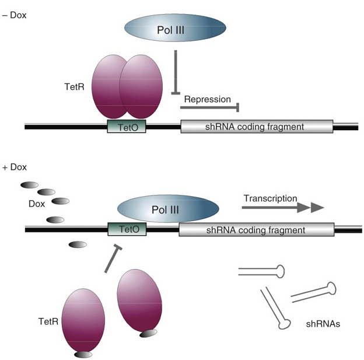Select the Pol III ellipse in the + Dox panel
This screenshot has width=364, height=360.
(168, 209)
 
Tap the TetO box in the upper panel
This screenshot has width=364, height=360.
(126, 126)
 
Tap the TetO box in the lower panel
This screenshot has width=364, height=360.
(128, 230)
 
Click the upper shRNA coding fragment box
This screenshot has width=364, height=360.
(257, 126)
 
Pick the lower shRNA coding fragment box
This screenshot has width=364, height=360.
(257, 230)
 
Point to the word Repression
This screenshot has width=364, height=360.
(207, 99)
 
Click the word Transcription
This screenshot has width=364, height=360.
(270, 198)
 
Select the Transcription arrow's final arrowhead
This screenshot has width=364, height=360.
(317, 207)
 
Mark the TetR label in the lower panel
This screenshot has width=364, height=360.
(49, 321)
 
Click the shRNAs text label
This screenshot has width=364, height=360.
(323, 321)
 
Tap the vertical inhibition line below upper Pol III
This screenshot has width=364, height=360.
(176, 72)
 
